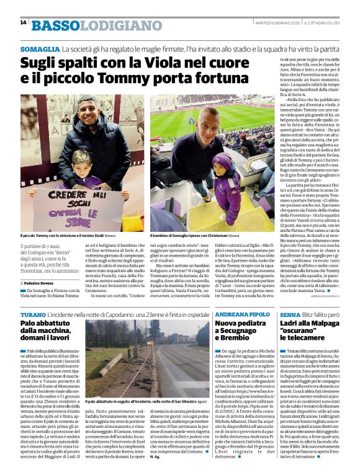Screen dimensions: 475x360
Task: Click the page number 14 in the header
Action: [x=23, y=22]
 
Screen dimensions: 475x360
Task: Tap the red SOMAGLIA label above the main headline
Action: [x=40, y=48]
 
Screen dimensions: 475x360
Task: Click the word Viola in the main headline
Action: [x=168, y=63]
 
